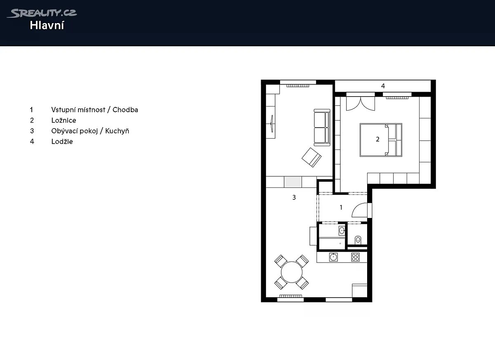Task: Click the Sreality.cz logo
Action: pos(42,13)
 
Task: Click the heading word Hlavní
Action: pos(47,26)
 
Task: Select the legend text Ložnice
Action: pos(64,120)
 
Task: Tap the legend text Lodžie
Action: pos(62,142)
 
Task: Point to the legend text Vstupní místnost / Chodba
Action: pos(94,110)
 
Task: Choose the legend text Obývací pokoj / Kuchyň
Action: pos(90,131)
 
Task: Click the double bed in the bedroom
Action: pos(381,140)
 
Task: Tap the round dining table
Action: pos(292,272)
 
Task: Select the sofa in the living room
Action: pos(322,128)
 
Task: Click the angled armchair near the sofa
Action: pos(311,157)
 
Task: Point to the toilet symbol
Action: pos(358,240)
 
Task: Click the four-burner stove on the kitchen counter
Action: pos(355,257)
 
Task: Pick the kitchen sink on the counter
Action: pos(333,257)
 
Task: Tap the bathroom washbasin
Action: pos(342,231)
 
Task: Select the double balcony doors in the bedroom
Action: pos(361,104)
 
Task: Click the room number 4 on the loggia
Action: pos(383,86)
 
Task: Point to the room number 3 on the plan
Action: pos(294,197)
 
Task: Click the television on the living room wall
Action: pos(272,124)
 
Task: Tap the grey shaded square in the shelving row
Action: pos(293,182)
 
